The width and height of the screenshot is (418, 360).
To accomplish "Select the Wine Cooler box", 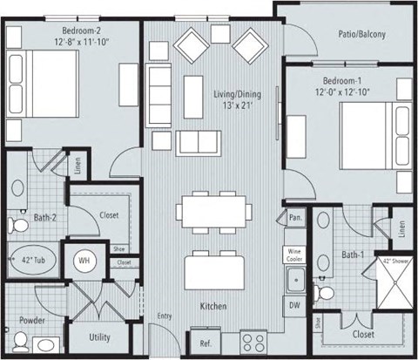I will (294, 255).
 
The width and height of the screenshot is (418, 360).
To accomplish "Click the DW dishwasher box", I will (294, 305).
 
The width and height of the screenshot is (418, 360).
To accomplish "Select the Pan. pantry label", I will (294, 216).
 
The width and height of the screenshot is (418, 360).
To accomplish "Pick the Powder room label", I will (32, 320).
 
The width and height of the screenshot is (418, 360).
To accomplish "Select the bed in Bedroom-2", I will (35, 73).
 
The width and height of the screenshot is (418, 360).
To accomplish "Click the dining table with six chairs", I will (213, 212).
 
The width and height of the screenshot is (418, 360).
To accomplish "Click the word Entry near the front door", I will (165, 316).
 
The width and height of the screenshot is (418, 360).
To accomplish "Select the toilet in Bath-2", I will (17, 226).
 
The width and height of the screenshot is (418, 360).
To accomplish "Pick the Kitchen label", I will (213, 306).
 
